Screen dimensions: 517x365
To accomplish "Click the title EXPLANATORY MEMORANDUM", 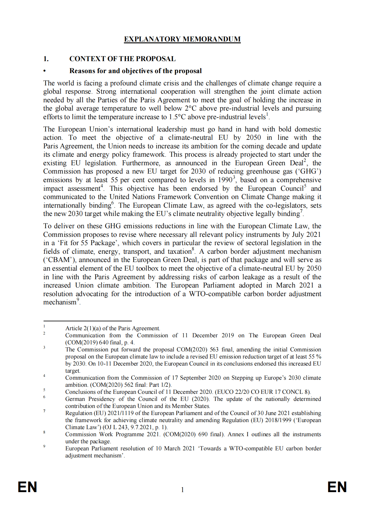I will click(182, 39).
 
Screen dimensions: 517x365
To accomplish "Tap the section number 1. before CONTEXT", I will click(46, 59).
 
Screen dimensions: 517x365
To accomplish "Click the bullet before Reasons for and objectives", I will click(45, 71).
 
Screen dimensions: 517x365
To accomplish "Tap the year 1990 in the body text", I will click(225, 180).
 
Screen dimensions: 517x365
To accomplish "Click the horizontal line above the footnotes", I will click(87, 321).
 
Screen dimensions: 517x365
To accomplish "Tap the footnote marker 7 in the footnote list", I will click(44, 411).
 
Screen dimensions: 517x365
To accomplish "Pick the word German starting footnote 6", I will click(75, 399).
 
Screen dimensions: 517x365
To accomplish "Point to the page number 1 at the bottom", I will click(182, 490).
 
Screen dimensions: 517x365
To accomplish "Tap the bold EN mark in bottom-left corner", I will click(28, 487).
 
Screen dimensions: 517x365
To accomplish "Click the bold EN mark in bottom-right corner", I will click(337, 487).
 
